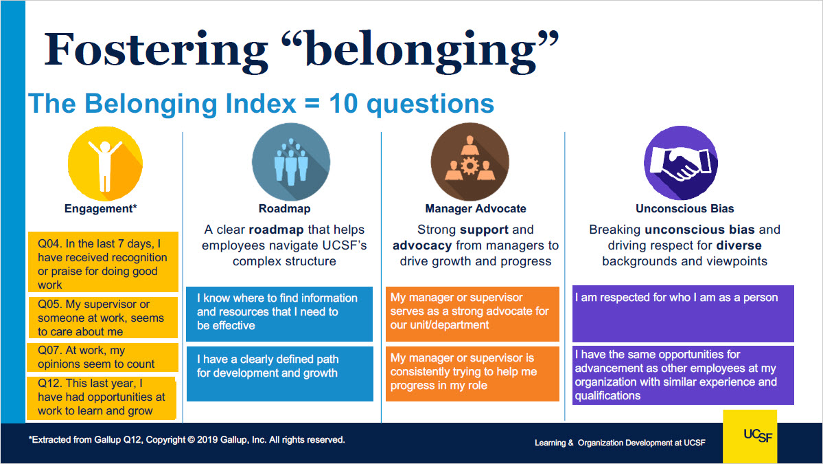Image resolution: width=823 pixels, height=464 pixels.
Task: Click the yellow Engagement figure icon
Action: coord(105,164)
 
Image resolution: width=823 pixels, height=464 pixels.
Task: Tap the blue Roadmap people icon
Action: coord(291,162)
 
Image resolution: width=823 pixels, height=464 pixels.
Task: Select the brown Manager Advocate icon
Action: coord(470,162)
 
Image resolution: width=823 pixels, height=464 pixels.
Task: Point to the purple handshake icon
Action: coord(681,162)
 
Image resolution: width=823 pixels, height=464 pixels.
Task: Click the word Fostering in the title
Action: coord(156,50)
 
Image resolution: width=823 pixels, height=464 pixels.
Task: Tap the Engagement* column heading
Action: coord(101,208)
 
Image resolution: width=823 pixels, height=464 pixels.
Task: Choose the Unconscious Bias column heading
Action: coord(685,208)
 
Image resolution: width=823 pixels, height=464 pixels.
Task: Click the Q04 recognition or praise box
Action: coord(103,262)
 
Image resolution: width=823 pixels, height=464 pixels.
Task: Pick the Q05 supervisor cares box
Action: coord(102,318)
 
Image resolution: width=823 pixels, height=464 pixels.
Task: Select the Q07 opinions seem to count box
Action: coord(102,357)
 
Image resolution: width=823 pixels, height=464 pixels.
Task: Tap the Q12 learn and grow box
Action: coord(102,398)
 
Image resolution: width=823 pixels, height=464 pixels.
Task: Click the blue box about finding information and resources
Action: coord(279,313)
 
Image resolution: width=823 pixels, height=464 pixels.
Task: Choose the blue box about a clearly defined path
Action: coord(280,374)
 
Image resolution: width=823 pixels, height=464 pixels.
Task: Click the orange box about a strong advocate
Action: coord(472,313)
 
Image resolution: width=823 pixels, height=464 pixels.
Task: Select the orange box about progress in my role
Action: coord(472,374)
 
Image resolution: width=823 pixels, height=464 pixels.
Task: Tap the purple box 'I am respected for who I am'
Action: coord(683,313)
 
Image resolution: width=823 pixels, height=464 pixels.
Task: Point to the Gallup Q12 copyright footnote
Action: coord(187,440)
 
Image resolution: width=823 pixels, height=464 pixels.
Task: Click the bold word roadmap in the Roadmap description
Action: coord(276,230)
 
